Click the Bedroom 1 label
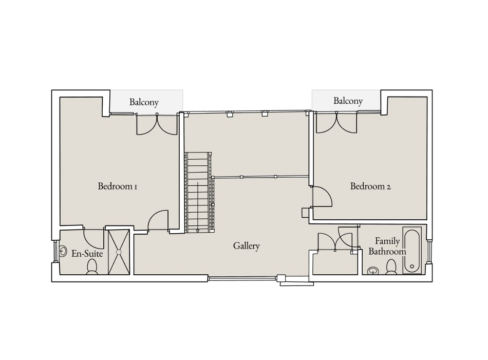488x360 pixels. [x=117, y=186]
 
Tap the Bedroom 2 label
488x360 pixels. [x=370, y=186]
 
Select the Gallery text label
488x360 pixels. [x=247, y=246]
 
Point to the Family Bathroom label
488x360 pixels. [x=387, y=246]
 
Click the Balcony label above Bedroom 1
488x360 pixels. [x=144, y=102]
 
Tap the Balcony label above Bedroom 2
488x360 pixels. [x=348, y=101]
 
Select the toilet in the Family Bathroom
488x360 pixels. [x=391, y=267]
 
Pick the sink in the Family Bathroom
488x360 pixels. [x=373, y=270]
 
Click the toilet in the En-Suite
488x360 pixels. [x=92, y=267]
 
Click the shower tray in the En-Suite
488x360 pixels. [x=119, y=252]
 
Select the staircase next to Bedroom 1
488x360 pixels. [x=198, y=192]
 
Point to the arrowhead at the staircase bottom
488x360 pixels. [x=198, y=231]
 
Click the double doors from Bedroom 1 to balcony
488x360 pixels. [x=156, y=124]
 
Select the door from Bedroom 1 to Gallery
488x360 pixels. [x=158, y=221]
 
